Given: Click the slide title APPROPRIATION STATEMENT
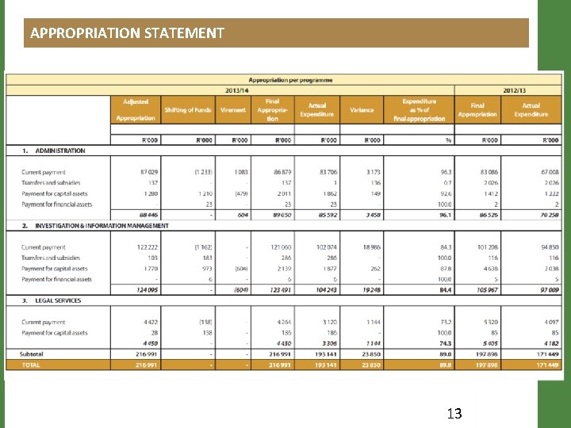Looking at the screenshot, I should (x=127, y=33).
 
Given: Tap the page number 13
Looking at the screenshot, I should (x=454, y=412).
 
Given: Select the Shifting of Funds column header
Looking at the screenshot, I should (x=188, y=110).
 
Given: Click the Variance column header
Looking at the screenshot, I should (x=362, y=110).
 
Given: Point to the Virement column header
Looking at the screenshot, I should (x=233, y=110).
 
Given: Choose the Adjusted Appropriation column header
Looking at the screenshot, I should (x=136, y=110).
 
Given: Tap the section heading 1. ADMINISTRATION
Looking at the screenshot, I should (x=53, y=151).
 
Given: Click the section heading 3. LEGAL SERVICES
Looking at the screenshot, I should (x=52, y=301).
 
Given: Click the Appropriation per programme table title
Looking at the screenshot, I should (x=291, y=79).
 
